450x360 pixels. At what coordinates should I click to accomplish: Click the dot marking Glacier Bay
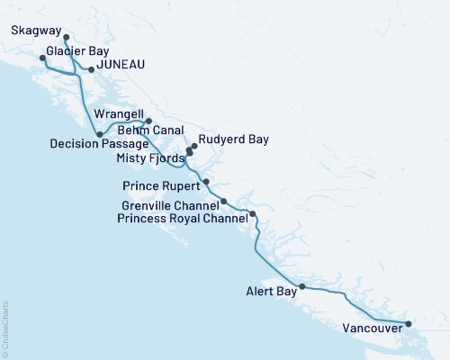(x=42, y=58)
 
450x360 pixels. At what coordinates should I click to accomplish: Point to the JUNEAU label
(x=119, y=66)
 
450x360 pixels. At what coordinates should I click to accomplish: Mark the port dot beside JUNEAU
(x=90, y=67)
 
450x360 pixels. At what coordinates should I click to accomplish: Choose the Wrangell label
(x=119, y=115)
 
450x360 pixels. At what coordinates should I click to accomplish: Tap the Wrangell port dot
(x=148, y=121)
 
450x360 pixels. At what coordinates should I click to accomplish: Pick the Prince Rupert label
(x=158, y=185)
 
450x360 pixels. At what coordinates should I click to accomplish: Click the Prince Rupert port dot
(x=207, y=182)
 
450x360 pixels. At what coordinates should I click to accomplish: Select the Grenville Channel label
(x=170, y=205)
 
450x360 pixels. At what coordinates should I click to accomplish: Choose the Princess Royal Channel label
(x=183, y=218)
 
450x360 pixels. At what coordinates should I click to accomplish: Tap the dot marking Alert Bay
(x=301, y=287)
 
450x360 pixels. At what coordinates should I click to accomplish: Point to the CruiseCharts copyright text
(x=5, y=328)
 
